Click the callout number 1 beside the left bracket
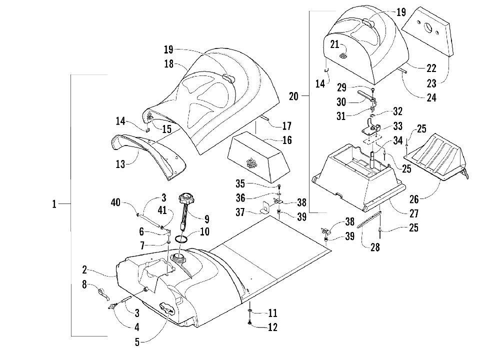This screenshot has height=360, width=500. tap(54, 204)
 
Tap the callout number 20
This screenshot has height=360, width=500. tap(293, 96)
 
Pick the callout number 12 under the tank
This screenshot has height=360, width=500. tap(272, 327)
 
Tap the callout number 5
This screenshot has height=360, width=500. tap(137, 342)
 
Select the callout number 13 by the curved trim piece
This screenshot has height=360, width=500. tap(120, 164)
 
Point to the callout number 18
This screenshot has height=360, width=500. tap(168, 64)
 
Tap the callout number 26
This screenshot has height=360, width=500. tap(414, 199)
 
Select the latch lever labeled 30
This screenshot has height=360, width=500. tap(367, 95)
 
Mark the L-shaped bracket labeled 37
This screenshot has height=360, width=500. tap(265, 208)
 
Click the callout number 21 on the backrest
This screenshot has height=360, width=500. tap(334, 44)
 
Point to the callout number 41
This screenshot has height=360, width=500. tap(162, 210)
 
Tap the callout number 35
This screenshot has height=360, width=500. tap(240, 183)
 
